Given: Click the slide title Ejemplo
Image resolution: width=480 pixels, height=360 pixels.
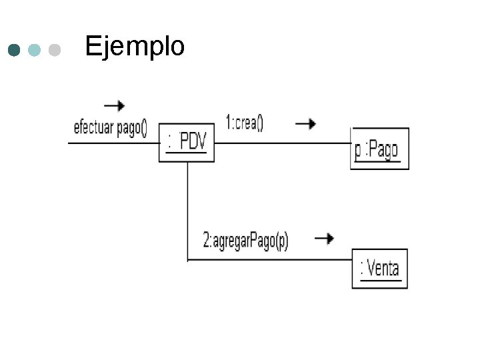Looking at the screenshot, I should pyautogui.click(x=135, y=47).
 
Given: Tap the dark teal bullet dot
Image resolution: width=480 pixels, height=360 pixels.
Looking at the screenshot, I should pyautogui.click(x=14, y=50).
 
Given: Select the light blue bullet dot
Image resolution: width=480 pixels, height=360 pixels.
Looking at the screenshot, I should pyautogui.click(x=35, y=50).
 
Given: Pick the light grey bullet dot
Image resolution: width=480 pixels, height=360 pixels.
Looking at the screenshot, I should pyautogui.click(x=55, y=50).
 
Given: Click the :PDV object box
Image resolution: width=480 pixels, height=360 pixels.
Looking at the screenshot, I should pyautogui.click(x=187, y=143).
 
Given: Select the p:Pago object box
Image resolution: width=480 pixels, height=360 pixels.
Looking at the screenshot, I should pyautogui.click(x=379, y=149).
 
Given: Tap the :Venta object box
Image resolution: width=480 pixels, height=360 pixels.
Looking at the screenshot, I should pyautogui.click(x=379, y=268).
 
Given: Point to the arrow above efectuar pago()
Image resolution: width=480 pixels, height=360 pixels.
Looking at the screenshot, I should pyautogui.click(x=114, y=105).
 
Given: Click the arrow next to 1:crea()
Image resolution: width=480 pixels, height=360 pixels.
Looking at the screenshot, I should pyautogui.click(x=305, y=123).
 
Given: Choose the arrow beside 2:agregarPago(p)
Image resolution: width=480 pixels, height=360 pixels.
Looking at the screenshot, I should pyautogui.click(x=324, y=238).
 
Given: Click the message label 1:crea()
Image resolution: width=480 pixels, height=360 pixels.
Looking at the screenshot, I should pyautogui.click(x=245, y=123).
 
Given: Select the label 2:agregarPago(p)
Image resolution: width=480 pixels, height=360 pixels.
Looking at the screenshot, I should pyautogui.click(x=245, y=241).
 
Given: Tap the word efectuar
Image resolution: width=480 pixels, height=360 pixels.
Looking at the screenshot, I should pyautogui.click(x=93, y=128).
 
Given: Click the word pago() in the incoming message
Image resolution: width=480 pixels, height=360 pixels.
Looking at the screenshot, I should pyautogui.click(x=132, y=128).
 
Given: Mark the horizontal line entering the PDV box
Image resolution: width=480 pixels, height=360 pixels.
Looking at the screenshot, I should pyautogui.click(x=113, y=143).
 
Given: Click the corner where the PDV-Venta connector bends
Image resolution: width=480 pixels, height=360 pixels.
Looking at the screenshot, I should pyautogui.click(x=188, y=259).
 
